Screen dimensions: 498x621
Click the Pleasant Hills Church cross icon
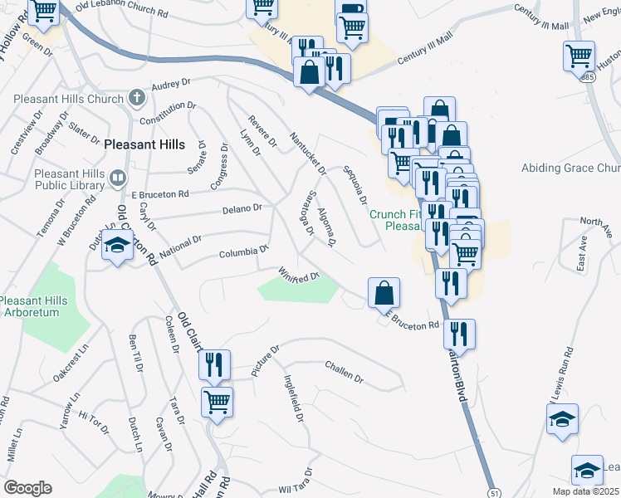pyautogui.click(x=138, y=98)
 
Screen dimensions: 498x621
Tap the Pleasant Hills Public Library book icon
pyautogui.click(x=118, y=178)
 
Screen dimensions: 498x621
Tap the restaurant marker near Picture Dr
pyautogui.click(x=215, y=365)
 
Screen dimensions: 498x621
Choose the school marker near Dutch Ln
pyautogui.click(x=118, y=247)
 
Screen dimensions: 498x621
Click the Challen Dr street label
pyautogui.click(x=345, y=371)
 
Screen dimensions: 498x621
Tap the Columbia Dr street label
pyautogui.click(x=244, y=251)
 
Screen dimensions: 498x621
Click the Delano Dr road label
pyautogui.click(x=242, y=207)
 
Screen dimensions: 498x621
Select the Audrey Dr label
pyautogui.click(x=172, y=85)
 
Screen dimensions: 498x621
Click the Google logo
pyautogui.click(x=27, y=488)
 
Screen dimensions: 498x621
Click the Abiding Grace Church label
pyautogui.click(x=570, y=168)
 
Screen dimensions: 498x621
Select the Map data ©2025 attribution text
pyautogui.click(x=581, y=491)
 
